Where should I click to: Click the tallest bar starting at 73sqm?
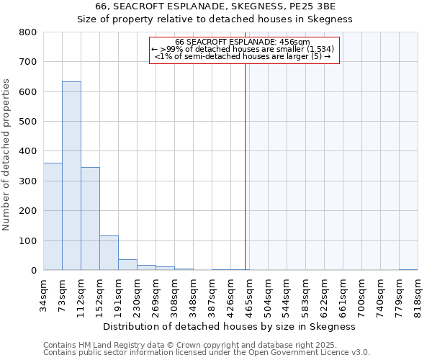coord(71,176)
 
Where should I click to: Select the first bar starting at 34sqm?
coord(53,217)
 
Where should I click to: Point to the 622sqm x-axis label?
coord(324,294)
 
